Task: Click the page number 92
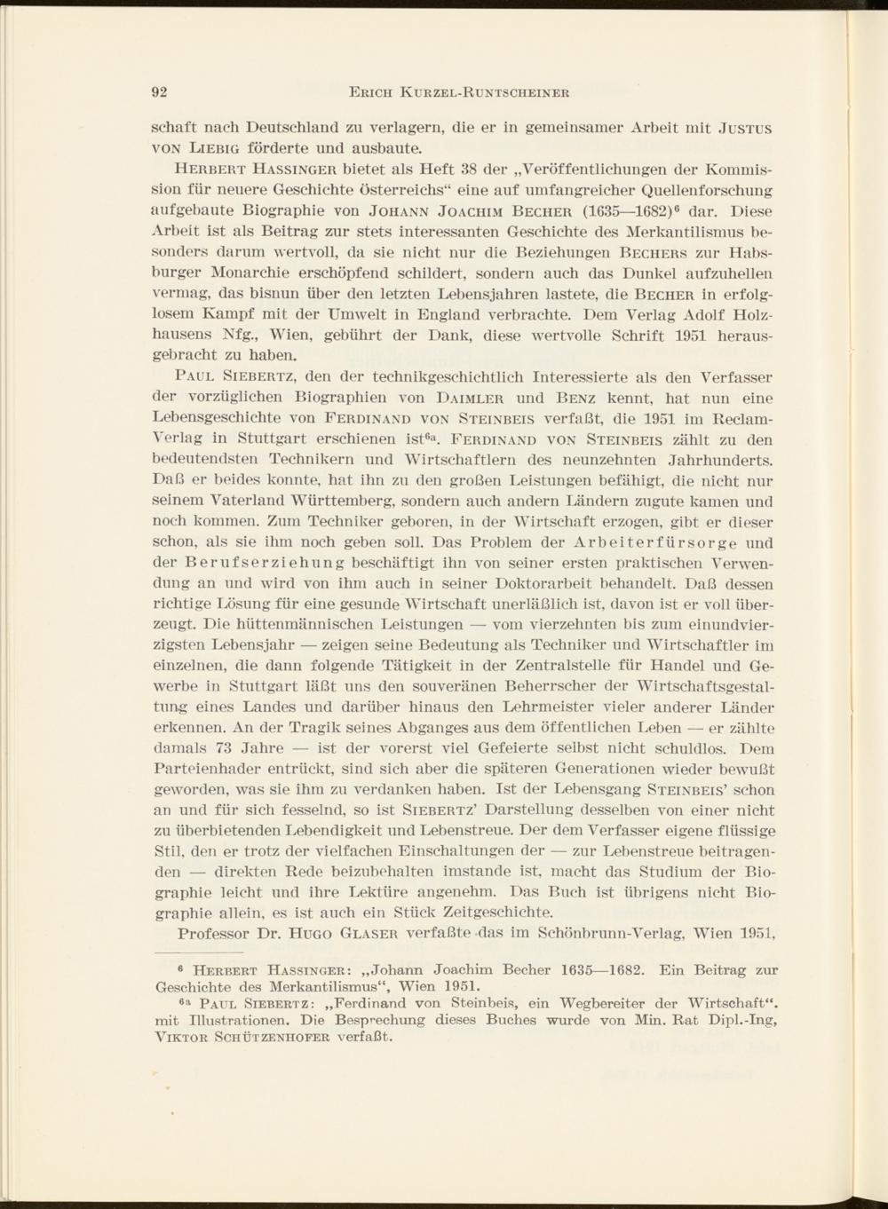pyautogui.click(x=161, y=91)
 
